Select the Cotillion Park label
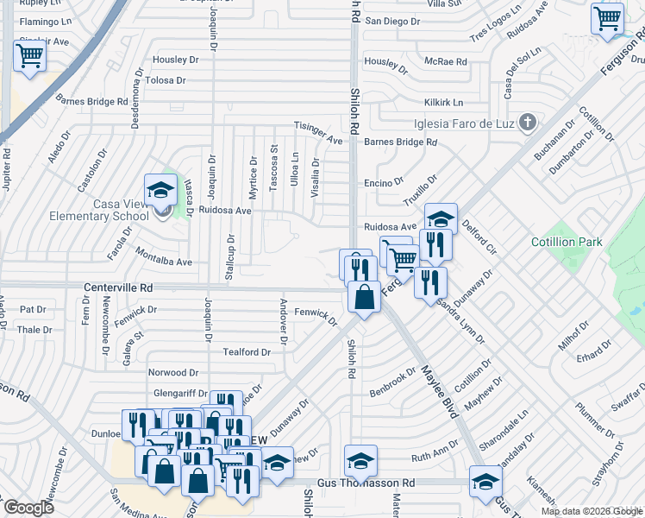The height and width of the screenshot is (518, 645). [x=566, y=243]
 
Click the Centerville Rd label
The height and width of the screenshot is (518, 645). [x=118, y=286]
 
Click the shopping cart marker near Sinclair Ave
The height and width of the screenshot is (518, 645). [x=30, y=57]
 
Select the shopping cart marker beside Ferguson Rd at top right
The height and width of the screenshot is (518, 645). [x=608, y=18]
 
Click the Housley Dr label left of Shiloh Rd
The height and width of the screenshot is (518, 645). [x=175, y=60]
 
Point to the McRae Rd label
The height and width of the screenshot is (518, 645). [x=445, y=62]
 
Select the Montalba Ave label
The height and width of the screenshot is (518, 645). [x=163, y=256]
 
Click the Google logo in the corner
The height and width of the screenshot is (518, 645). [x=29, y=508]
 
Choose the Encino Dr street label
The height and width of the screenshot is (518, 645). [x=384, y=182]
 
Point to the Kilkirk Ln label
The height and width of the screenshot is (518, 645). [x=442, y=102]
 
